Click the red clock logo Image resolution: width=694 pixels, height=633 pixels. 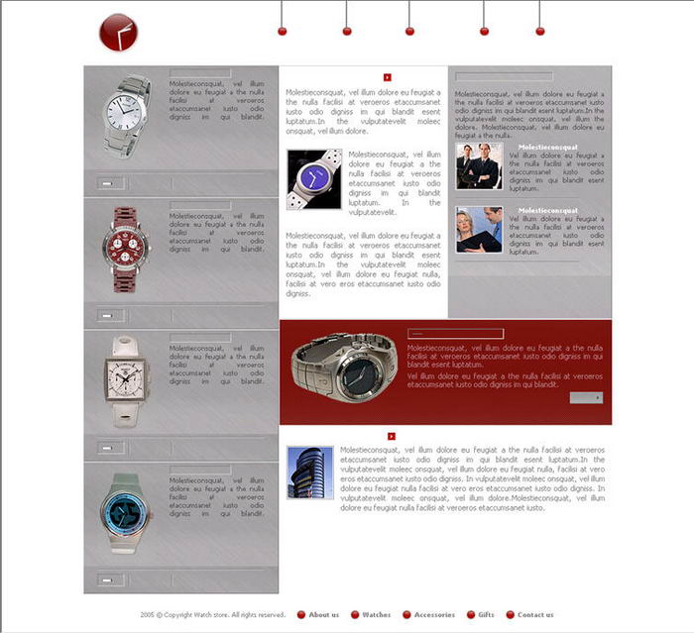pos(118,33)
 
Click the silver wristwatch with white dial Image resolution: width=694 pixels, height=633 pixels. pos(126,117)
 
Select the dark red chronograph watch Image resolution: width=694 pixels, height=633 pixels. pos(126,249)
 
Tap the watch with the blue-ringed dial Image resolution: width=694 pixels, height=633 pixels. pos(126,511)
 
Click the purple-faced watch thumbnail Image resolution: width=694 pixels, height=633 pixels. pos(314,179)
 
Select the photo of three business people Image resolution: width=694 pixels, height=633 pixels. pos(479,166)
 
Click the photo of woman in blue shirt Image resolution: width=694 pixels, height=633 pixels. pos(479,230)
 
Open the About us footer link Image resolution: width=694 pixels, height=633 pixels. pos(323,615)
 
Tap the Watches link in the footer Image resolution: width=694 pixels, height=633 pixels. pos(376,615)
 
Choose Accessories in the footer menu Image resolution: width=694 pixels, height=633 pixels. pos(434,615)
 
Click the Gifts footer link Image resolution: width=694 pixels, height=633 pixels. pos(486,615)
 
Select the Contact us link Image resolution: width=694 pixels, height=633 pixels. pos(535,615)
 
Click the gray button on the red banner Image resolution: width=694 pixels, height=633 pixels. pos(586,397)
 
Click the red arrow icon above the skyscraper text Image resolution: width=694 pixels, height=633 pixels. pos(392,436)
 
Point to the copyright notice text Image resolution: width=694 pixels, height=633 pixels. pos(213,615)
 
